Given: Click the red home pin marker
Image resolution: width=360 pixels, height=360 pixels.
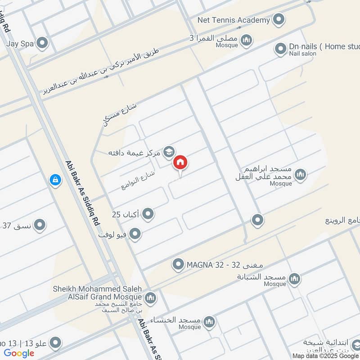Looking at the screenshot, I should pyautogui.click(x=180, y=163).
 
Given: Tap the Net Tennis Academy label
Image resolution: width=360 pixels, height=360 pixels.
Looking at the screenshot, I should pyautogui.click(x=234, y=20).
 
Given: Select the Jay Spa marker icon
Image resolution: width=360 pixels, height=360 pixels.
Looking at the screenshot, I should pyautogui.click(x=42, y=43).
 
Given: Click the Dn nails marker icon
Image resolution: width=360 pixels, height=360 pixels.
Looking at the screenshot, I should pyautogui.click(x=280, y=47).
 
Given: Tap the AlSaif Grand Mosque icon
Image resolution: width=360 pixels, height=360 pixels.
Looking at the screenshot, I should pyautogui.click(x=150, y=297).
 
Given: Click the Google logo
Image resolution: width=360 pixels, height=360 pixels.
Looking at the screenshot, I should pyautogui.click(x=19, y=353).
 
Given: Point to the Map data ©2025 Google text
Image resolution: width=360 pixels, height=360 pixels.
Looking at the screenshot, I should pyautogui.click(x=325, y=355).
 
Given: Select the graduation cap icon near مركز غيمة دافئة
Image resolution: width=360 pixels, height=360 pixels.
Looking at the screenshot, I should pyautogui.click(x=169, y=152).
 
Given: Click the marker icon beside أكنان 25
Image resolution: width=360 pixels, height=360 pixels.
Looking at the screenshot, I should pyautogui.click(x=148, y=215).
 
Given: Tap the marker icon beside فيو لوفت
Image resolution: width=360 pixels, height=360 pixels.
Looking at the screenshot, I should pyautogui.click(x=135, y=234).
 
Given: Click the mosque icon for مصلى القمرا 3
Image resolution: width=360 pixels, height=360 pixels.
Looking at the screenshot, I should pyautogui.click(x=246, y=42).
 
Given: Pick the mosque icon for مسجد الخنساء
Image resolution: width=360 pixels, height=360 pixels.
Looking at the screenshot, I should pyautogui.click(x=208, y=322).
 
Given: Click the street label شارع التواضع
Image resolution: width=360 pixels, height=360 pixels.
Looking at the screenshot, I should pyautogui.click(x=138, y=179).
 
